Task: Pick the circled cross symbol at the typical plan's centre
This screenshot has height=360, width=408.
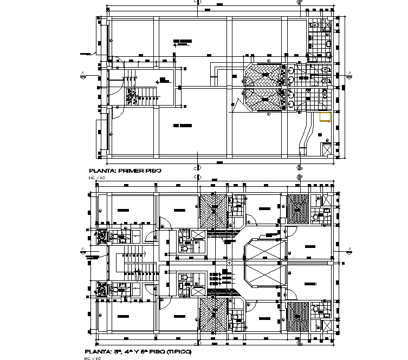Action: pyautogui.click(x=230, y=263)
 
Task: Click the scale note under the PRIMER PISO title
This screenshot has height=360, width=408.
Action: pyautogui.click(x=96, y=178)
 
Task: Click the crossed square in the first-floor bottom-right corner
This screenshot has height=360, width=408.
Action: pyautogui.click(x=327, y=149)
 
